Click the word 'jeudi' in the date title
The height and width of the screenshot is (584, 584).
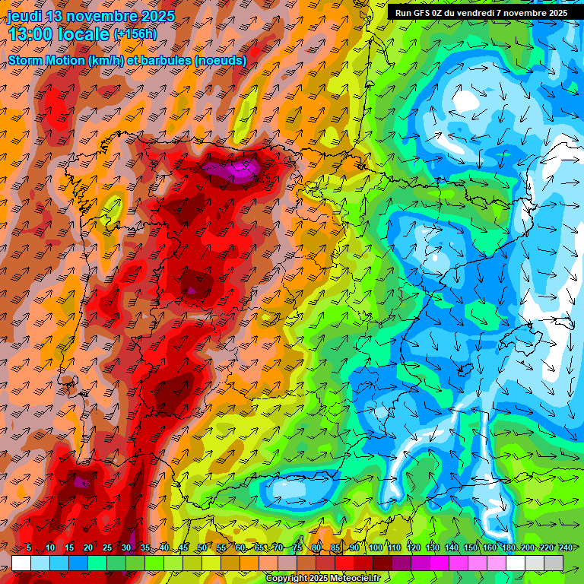tap(24, 16)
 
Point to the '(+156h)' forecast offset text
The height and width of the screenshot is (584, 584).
tap(135, 34)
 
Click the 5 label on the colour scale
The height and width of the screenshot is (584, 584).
tap(28, 548)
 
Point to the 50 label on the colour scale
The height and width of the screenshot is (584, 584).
tap(202, 548)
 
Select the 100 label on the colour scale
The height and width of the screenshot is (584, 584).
tap(374, 548)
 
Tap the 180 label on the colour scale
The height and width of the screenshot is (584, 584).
tap(508, 548)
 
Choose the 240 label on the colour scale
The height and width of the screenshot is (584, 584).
tap(565, 548)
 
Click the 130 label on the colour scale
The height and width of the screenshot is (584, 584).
tap(432, 548)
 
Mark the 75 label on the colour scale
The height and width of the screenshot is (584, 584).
tap(297, 548)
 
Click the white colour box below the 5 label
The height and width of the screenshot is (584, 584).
tap(21, 563)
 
